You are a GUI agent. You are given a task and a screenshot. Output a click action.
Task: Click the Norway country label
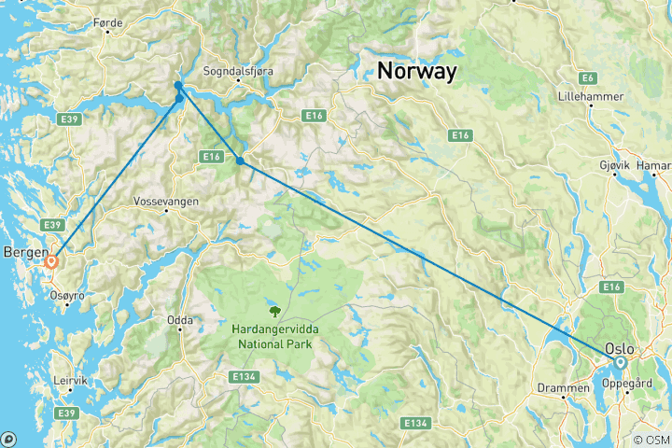pos(417,71)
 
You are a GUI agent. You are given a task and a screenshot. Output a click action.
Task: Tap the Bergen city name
pos(24,252)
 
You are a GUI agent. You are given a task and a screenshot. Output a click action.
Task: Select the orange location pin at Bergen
pos(51,262)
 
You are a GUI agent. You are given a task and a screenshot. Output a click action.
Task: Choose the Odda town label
pos(179,320)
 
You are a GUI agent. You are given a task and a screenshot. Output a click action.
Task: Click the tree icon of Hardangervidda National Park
pos(274,311)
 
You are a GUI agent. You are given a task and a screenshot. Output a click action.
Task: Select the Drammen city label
pos(563,386)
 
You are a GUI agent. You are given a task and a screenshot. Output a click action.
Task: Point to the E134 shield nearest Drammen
pos(416,424)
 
